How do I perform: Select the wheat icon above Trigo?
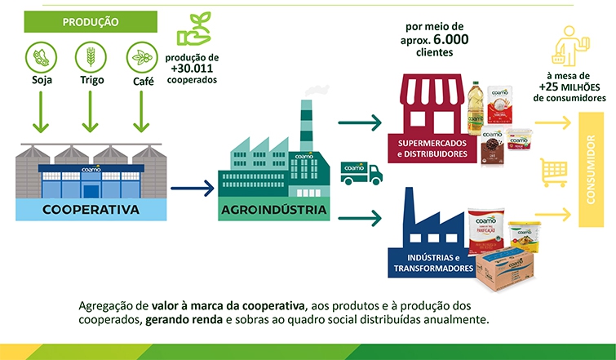point(91,58)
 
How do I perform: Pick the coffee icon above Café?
point(141,58)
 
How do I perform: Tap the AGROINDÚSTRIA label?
point(273,210)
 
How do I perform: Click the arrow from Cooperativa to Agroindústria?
point(193,190)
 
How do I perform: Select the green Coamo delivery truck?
point(361,172)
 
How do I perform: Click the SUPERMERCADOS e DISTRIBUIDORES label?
point(432,148)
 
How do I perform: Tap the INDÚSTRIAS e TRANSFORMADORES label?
point(432,263)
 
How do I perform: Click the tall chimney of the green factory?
point(305,122)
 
